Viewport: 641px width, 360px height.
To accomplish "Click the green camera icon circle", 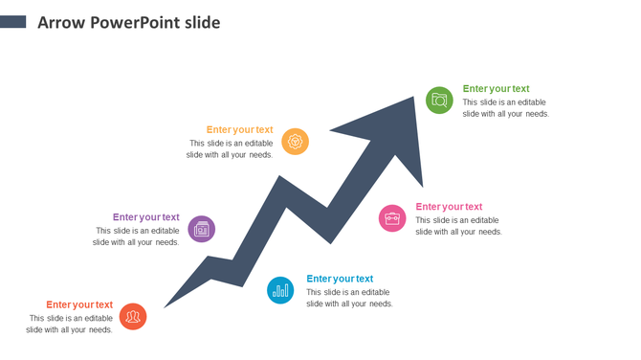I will [439, 100].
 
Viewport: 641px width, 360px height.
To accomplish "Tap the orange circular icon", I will [296, 141].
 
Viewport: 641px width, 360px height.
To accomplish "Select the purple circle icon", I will [201, 228].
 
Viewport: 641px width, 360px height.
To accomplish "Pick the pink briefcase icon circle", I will [392, 218].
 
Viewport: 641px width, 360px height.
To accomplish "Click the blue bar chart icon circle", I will [280, 289].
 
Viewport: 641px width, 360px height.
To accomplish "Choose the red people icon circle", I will [133, 316].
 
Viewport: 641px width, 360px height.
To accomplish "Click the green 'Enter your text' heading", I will [496, 89].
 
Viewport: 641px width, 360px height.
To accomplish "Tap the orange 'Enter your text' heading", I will [239, 130].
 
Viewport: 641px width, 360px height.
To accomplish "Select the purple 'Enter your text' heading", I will [145, 217].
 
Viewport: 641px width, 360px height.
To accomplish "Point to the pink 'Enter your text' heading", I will [449, 207].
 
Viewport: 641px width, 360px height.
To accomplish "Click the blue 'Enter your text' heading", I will [340, 279].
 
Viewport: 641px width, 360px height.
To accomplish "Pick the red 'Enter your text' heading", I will [79, 305].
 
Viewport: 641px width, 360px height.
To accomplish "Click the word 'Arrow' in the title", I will [60, 22].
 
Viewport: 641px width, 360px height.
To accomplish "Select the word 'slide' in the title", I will [204, 22].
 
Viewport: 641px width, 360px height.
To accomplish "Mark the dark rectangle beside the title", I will [12, 21].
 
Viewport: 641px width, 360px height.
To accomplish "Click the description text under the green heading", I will [505, 108].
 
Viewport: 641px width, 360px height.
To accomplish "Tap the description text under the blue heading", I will [349, 298].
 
